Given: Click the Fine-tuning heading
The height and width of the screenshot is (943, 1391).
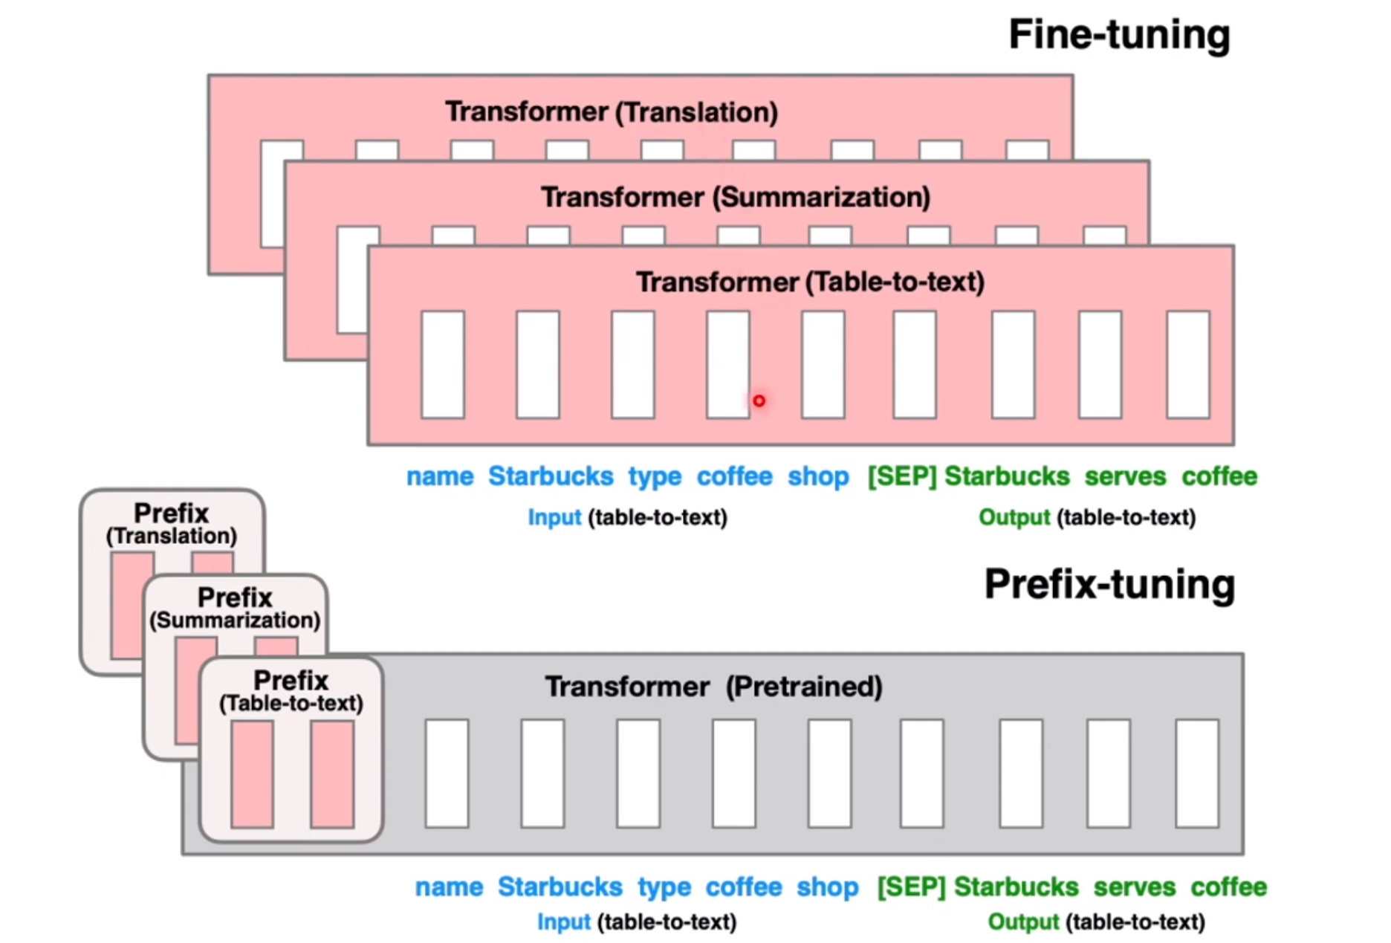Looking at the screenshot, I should click(1118, 35).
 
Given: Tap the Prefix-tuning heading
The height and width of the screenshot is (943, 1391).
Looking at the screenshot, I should click(1109, 585).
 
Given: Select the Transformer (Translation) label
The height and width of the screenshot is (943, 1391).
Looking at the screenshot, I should click(612, 112).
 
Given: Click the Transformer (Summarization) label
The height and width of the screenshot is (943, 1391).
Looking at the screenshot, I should click(736, 198).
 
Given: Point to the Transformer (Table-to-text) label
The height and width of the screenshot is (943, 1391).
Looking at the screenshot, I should click(810, 282).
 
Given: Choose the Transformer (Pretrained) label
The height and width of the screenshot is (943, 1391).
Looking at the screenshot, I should click(713, 687).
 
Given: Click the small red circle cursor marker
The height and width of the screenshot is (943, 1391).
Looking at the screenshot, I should click(759, 401).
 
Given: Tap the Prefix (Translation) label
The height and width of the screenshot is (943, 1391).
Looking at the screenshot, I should click(172, 523).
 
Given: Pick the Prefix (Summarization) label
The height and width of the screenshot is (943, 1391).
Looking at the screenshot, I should click(235, 607).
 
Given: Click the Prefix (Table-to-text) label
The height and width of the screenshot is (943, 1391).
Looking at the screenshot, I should click(291, 690).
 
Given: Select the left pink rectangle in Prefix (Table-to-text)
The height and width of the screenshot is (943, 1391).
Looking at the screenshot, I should click(252, 774).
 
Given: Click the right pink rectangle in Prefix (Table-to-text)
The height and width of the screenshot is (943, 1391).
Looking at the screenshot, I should click(332, 774).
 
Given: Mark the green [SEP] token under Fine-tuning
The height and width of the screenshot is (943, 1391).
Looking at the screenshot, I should click(902, 476).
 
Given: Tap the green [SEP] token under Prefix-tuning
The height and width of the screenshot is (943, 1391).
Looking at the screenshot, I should click(911, 887).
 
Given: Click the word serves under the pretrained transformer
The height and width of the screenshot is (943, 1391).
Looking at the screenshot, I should click(1134, 887).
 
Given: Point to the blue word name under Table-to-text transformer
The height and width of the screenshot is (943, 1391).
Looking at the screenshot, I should click(440, 476).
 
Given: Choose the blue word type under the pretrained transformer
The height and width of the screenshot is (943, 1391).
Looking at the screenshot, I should click(664, 887).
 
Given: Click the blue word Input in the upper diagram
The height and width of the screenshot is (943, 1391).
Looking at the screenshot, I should click(554, 517).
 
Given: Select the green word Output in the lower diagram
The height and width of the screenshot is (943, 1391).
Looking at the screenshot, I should click(1023, 922).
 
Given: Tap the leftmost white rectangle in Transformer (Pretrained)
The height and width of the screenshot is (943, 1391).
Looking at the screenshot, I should click(447, 774).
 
